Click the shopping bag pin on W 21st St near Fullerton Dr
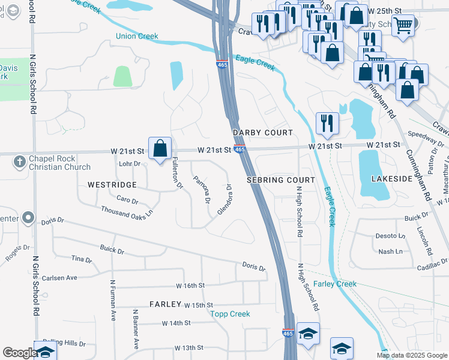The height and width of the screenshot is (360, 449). click(x=160, y=148)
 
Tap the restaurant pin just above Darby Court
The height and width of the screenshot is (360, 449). click(x=327, y=122)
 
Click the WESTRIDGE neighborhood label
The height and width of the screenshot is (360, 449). click(x=112, y=185)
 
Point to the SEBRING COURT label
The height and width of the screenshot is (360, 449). click(x=281, y=180)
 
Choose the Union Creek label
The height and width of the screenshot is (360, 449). click(x=137, y=37)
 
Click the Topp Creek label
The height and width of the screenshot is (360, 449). click(x=230, y=314)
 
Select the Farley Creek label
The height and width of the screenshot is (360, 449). click(x=335, y=284)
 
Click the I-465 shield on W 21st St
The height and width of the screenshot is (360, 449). click(x=240, y=150)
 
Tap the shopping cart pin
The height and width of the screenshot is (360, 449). click(x=403, y=25)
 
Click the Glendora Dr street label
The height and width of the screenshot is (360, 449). click(x=225, y=205)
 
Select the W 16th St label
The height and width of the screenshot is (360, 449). click(x=190, y=286)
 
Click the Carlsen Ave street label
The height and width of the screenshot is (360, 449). click(x=59, y=278)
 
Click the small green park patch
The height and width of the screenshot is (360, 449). click(x=122, y=76)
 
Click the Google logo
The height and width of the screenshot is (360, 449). click(x=19, y=353)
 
